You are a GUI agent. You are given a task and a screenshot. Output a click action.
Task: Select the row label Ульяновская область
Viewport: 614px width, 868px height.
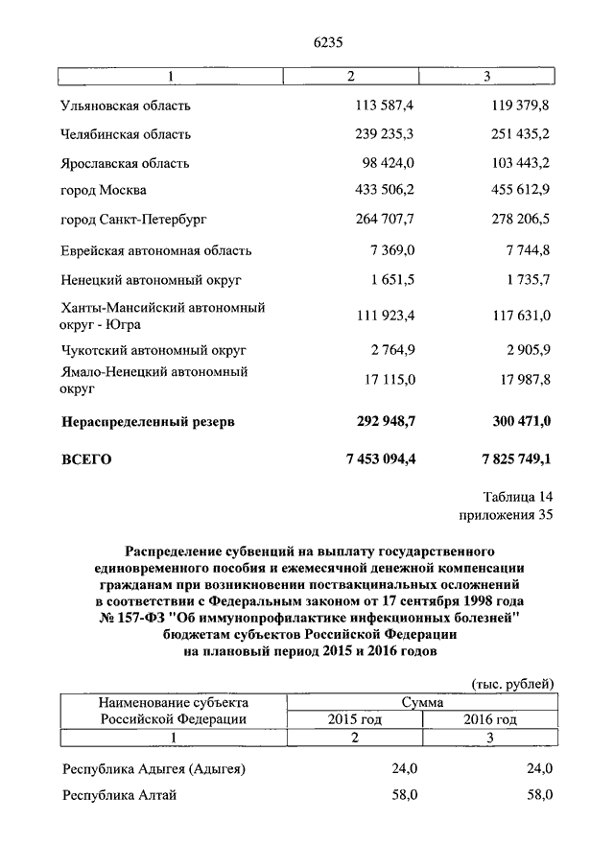click(125, 105)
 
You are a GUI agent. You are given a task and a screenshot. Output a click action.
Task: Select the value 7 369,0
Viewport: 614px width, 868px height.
click(394, 250)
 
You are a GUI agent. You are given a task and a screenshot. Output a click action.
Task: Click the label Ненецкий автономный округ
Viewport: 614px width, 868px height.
click(151, 280)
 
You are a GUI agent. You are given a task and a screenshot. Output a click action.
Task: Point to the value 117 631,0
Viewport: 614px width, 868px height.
click(517, 316)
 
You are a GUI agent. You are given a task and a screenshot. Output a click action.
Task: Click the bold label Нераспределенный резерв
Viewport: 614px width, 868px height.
click(148, 420)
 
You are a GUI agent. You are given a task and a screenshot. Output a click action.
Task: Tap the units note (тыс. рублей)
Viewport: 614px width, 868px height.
click(514, 683)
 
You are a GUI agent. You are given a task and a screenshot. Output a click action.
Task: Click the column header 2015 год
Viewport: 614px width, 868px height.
click(355, 718)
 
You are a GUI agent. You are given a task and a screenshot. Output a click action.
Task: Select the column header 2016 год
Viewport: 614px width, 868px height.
click(490, 718)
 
